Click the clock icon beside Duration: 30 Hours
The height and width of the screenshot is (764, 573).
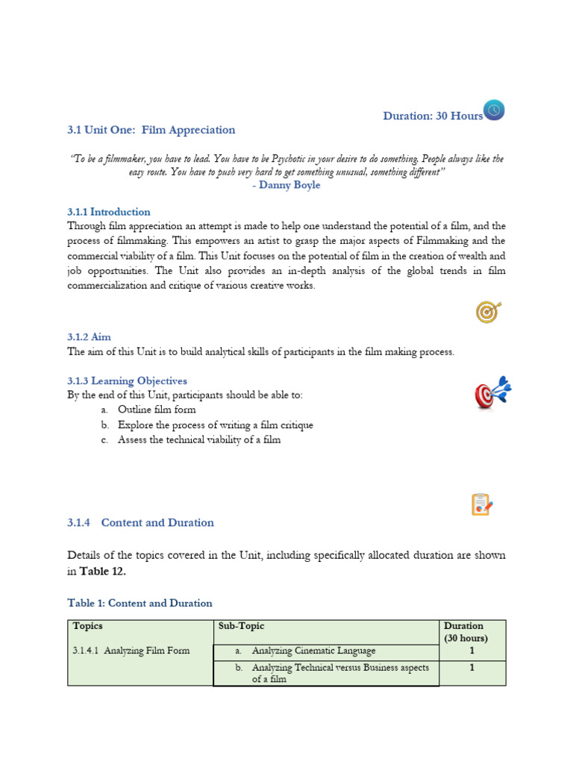tap(494, 110)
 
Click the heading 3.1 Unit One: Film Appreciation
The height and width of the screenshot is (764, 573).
tap(151, 130)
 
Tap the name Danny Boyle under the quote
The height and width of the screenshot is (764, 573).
tap(286, 185)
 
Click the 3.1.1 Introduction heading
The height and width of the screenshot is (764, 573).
tap(109, 212)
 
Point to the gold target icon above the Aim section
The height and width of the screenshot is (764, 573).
tap(488, 312)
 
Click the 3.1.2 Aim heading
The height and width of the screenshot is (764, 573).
tap(89, 337)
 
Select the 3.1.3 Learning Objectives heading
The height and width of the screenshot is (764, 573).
tap(127, 381)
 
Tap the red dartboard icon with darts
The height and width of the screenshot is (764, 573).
tap(492, 393)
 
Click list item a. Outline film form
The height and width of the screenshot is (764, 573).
tap(156, 410)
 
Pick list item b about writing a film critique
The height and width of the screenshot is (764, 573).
tap(215, 425)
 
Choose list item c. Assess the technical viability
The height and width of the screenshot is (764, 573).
tap(198, 440)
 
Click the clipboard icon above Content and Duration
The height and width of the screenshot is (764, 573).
tap(482, 504)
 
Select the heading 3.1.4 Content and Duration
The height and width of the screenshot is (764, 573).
tap(140, 523)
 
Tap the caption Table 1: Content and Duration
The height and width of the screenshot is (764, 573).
tap(140, 604)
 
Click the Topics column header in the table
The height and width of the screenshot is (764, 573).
tap(88, 626)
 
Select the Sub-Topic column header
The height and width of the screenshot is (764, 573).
tap(242, 626)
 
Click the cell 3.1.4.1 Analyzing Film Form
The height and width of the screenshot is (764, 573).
tap(131, 651)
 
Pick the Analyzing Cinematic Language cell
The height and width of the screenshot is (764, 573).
tap(313, 651)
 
